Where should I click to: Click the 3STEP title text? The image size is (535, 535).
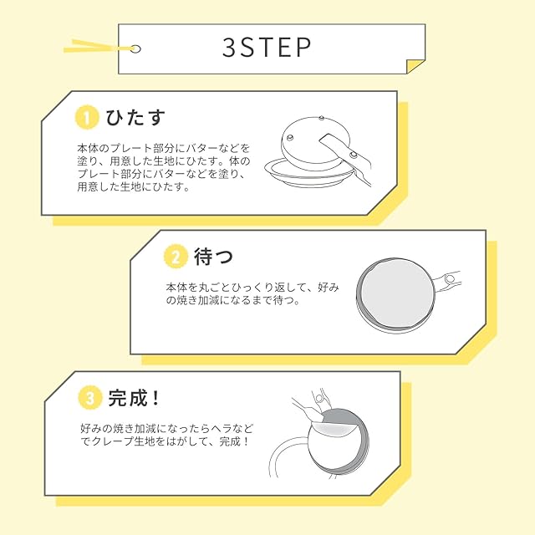[267, 48]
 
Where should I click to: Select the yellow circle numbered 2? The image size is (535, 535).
[176, 257]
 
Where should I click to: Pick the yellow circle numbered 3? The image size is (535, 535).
[88, 397]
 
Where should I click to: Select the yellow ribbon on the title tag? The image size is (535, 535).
[92, 43]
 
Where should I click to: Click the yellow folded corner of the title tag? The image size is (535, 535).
[415, 64]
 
